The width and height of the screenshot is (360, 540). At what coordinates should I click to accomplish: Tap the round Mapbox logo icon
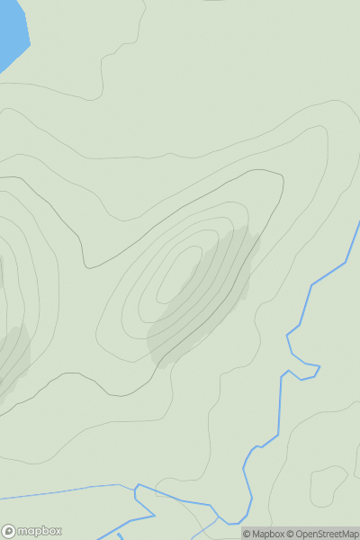(10, 531)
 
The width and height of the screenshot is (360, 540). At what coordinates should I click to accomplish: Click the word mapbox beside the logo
(42, 531)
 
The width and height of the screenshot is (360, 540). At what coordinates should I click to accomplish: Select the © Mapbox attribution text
(263, 534)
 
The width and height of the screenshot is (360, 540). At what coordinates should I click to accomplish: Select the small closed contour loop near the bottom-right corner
(329, 486)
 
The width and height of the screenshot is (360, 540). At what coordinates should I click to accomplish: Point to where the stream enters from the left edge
(2, 496)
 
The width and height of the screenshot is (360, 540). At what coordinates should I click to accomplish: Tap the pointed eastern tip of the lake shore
(30, 41)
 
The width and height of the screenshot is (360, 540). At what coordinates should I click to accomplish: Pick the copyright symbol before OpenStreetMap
(291, 534)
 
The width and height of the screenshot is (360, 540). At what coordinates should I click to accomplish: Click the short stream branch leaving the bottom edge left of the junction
(120, 536)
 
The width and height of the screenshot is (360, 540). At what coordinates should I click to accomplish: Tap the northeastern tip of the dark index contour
(282, 175)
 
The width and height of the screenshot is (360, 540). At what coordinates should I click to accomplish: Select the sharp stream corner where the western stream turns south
(135, 487)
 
